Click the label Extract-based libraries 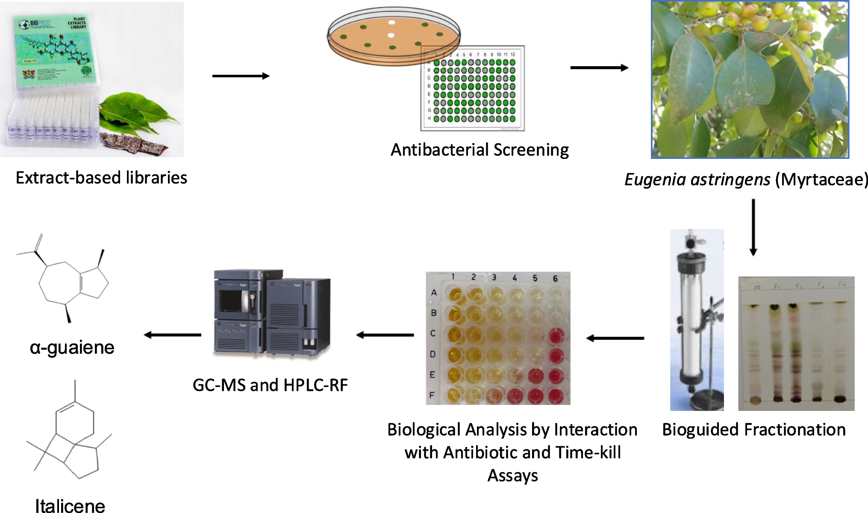pyautogui.click(x=101, y=178)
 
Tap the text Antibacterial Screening pyautogui.click(x=480, y=150)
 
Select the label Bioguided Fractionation pyautogui.click(x=753, y=429)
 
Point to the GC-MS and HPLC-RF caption pyautogui.click(x=270, y=385)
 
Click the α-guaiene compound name pyautogui.click(x=72, y=348)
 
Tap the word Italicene pyautogui.click(x=70, y=505)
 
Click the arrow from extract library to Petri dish pyautogui.click(x=241, y=76)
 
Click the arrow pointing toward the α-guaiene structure pyautogui.click(x=173, y=335)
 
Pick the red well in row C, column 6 pyautogui.click(x=555, y=335)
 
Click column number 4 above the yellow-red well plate pyautogui.click(x=515, y=278)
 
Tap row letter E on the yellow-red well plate pyautogui.click(x=433, y=375)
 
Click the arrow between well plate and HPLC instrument pyautogui.click(x=385, y=335)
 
